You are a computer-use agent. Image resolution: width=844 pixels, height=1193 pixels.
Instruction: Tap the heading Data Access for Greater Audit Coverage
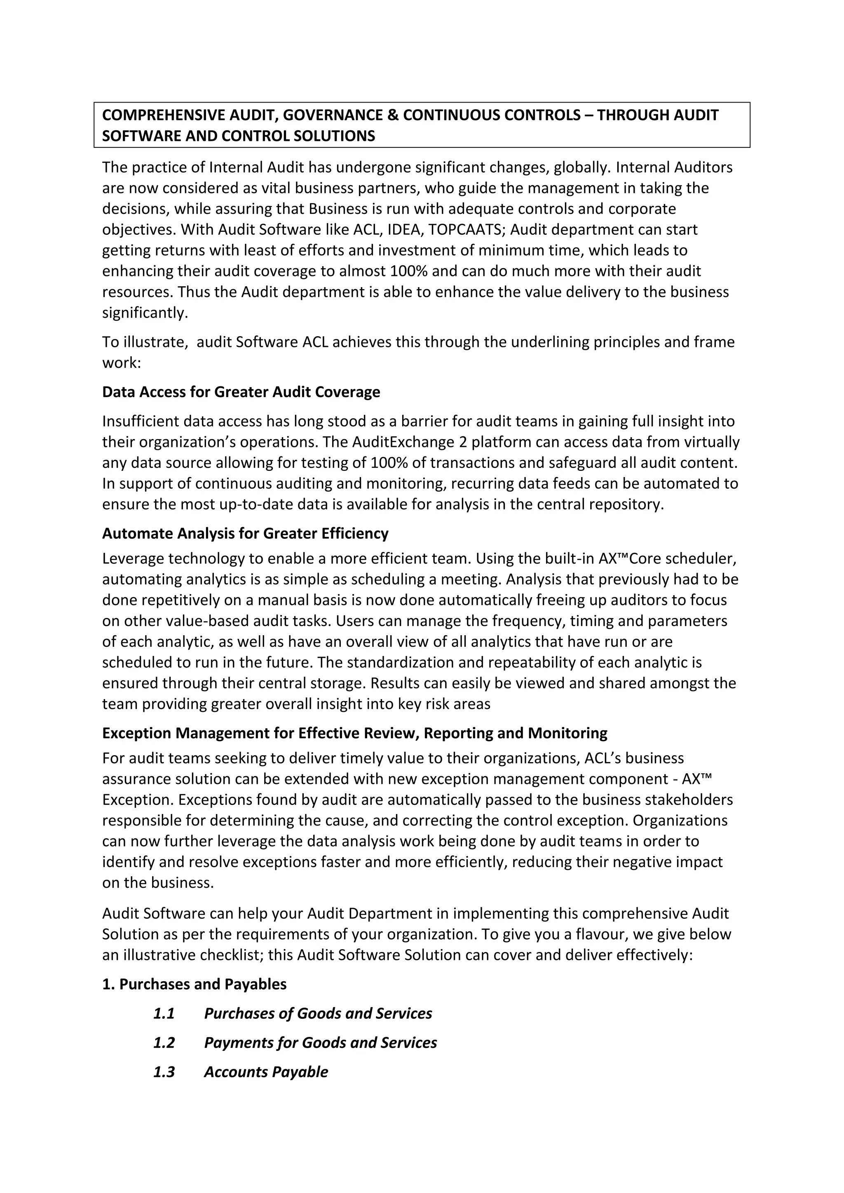[241, 392]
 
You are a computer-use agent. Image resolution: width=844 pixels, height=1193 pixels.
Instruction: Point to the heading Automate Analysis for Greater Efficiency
[245, 533]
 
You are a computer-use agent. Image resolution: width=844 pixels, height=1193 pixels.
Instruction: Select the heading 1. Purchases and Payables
[195, 984]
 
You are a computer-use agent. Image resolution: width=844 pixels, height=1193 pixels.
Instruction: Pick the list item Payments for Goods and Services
[320, 1042]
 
